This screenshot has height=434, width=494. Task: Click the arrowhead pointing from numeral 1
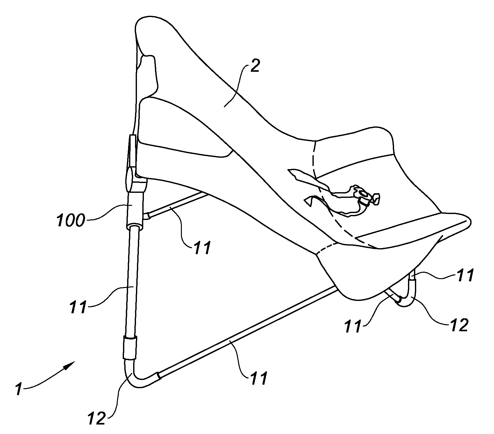click(70, 364)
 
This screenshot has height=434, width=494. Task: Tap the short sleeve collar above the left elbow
click(130, 348)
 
